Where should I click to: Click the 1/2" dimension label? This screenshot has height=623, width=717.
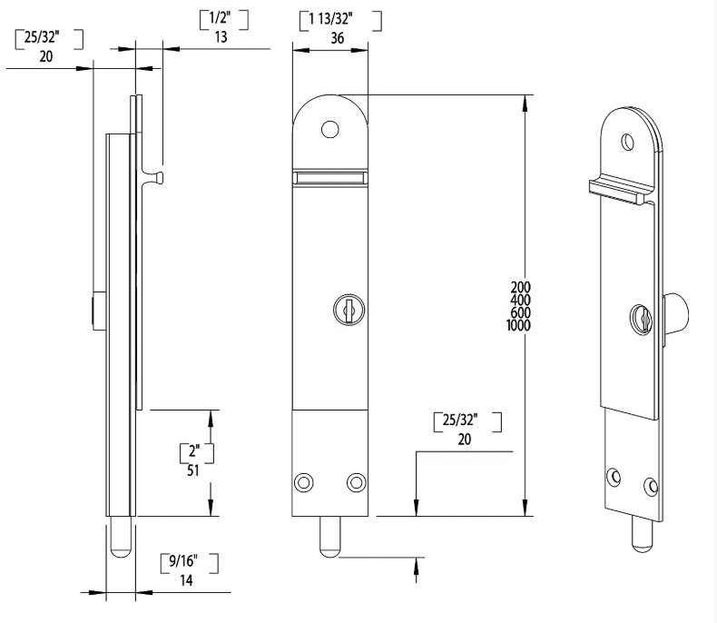pos(223,18)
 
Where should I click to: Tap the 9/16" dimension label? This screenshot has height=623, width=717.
pos(190,561)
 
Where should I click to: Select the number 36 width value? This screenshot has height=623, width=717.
pos(337,38)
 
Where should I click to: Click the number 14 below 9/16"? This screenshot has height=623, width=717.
pos(190,580)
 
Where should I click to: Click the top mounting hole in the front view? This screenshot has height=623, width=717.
pos(330,128)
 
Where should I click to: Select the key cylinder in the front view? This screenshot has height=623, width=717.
pos(346,310)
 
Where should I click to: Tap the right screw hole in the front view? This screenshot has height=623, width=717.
pos(355,481)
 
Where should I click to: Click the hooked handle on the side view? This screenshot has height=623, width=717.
pos(156,175)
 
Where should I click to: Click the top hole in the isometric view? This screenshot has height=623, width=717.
pos(626,141)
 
